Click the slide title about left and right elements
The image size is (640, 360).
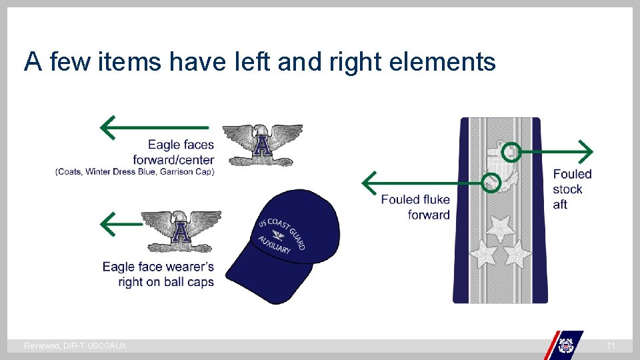(260, 63)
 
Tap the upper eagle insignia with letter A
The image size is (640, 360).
(262, 144)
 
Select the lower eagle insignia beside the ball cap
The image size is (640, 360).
(181, 231)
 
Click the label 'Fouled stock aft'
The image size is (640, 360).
(571, 189)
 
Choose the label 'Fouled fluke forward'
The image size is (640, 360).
(416, 207)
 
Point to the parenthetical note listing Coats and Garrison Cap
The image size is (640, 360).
(135, 172)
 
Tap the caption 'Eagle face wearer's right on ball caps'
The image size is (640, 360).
(159, 274)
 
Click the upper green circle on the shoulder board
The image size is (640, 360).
(511, 151)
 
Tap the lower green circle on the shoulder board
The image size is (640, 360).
(491, 182)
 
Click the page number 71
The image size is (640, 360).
(611, 346)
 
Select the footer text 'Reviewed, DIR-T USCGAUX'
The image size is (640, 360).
(75, 346)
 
